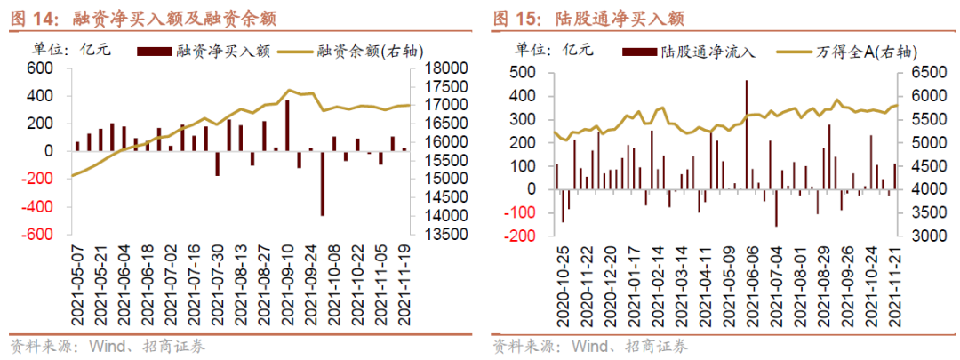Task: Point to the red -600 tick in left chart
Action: pyautogui.click(x=36, y=235)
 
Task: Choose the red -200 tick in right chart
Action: pyautogui.click(x=521, y=236)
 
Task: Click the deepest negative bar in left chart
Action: pyautogui.click(x=322, y=183)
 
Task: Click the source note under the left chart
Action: pyautogui.click(x=107, y=346)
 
